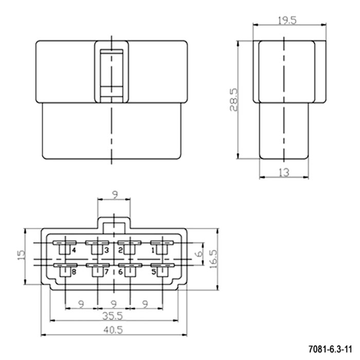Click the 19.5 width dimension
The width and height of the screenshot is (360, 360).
point(287,21)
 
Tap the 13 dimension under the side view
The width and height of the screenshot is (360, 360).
point(284,172)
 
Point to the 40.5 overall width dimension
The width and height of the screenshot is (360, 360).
point(113,330)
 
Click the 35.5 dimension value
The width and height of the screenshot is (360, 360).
point(113,316)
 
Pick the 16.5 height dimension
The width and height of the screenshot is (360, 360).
point(213,259)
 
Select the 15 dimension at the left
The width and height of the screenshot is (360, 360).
point(21,255)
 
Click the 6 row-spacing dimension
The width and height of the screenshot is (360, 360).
point(200,253)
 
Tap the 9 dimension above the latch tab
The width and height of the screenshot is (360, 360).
point(115,195)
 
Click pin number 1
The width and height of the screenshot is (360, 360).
point(153,250)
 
